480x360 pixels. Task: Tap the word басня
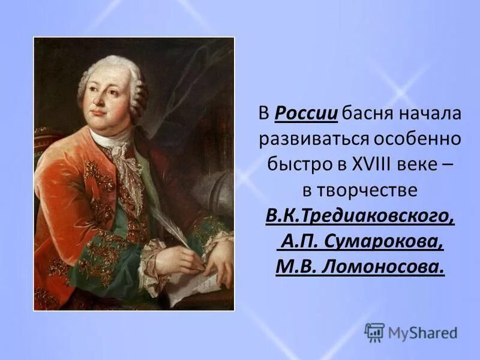(368, 113)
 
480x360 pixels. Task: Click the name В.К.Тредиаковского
(360, 215)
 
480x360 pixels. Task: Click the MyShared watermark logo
(411, 332)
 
